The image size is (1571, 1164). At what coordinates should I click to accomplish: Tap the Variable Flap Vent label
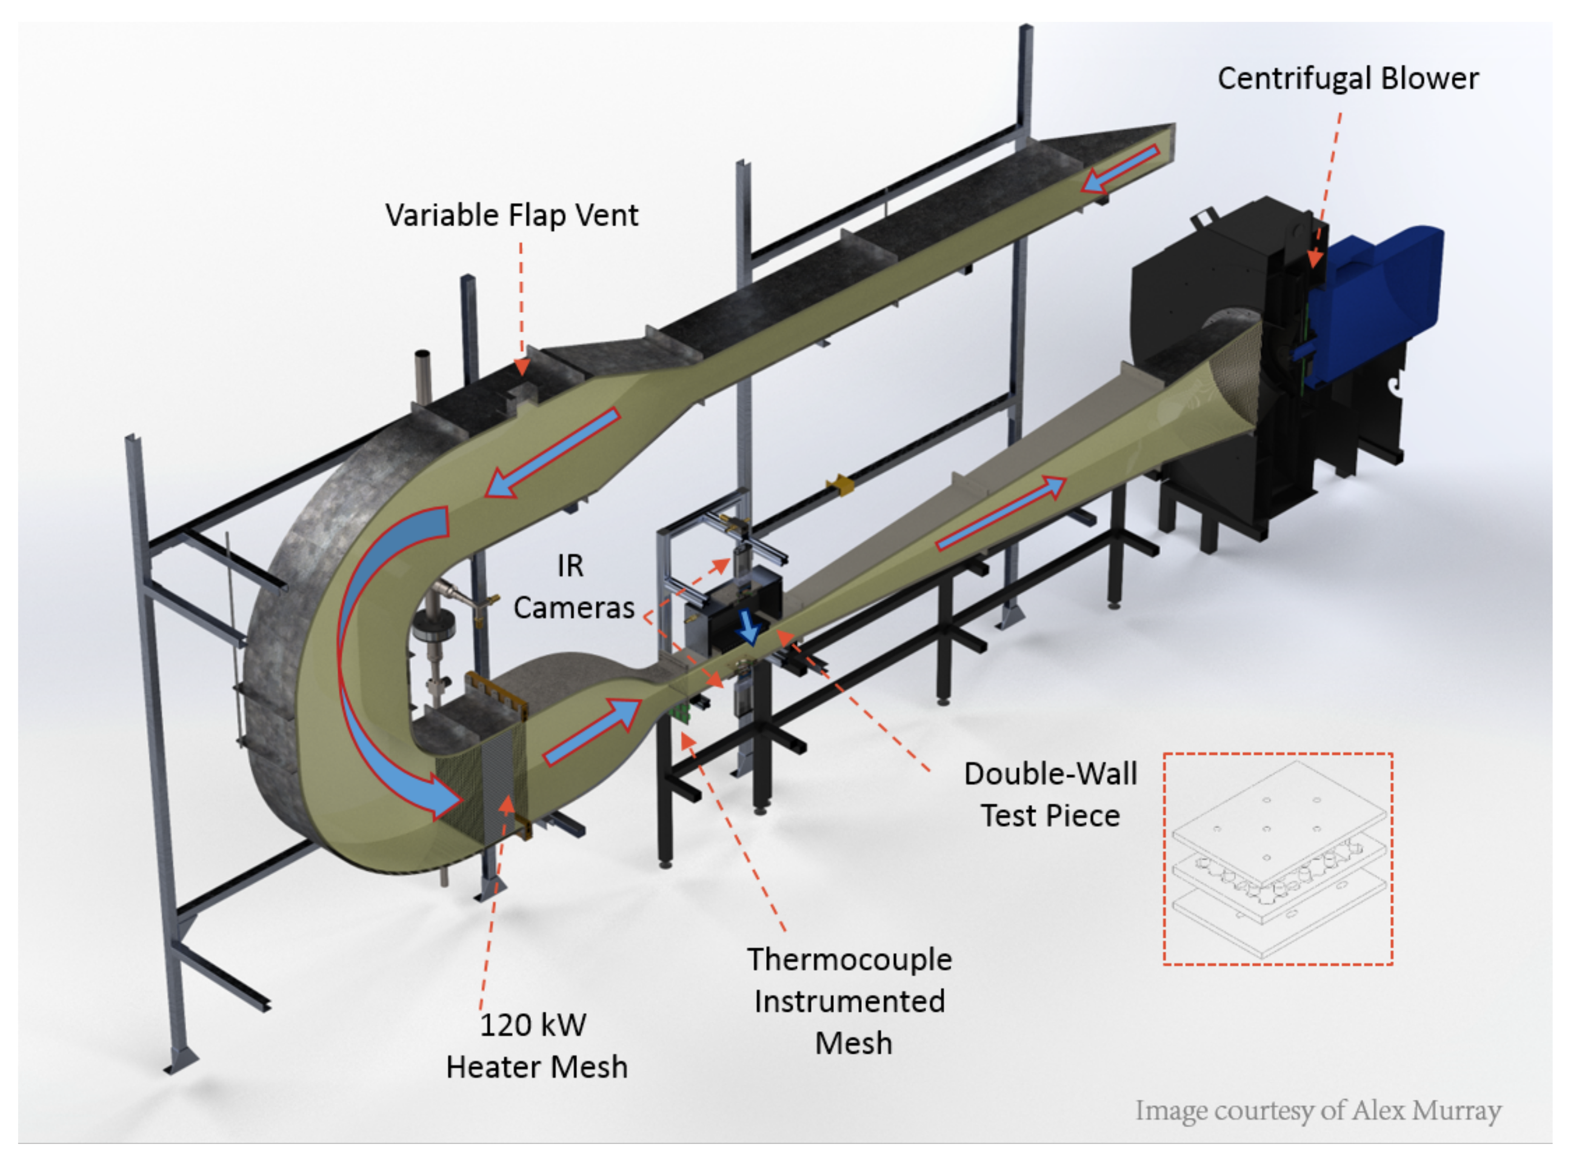click(512, 215)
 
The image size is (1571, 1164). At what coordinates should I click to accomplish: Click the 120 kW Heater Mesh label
click(535, 1046)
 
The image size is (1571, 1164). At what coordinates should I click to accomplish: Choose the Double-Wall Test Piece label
click(1050, 794)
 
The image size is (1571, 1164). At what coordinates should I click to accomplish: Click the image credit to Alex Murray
click(1318, 1111)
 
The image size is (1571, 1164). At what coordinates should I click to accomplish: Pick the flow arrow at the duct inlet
click(1120, 169)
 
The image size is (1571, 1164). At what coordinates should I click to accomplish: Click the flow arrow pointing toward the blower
click(1001, 512)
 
